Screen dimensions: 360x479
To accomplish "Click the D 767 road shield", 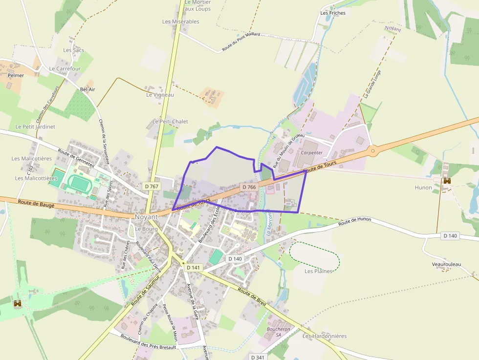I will (152, 186).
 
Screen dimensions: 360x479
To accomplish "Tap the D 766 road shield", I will (249, 187).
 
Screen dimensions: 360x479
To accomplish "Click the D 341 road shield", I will (258, 357).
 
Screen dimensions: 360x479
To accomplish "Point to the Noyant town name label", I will (146, 216).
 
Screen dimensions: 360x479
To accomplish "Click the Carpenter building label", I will (312, 152).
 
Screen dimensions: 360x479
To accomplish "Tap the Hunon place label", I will (423, 188).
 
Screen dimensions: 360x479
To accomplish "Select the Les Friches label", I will (333, 13).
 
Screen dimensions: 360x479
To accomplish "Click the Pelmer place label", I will (16, 76).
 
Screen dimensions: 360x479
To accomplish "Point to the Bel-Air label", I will (87, 90).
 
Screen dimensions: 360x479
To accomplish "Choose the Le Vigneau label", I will (160, 95).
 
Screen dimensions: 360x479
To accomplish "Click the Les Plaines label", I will (318, 271).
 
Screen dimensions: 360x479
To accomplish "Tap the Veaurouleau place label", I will (446, 264).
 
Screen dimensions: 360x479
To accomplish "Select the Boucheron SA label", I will (279, 332).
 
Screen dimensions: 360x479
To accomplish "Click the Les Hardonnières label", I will (324, 336).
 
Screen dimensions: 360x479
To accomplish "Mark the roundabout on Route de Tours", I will (373, 151).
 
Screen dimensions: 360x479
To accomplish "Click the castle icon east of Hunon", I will (447, 181).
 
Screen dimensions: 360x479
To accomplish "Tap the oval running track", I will (79, 183).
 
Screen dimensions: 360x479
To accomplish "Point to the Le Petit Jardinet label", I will (35, 127).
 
